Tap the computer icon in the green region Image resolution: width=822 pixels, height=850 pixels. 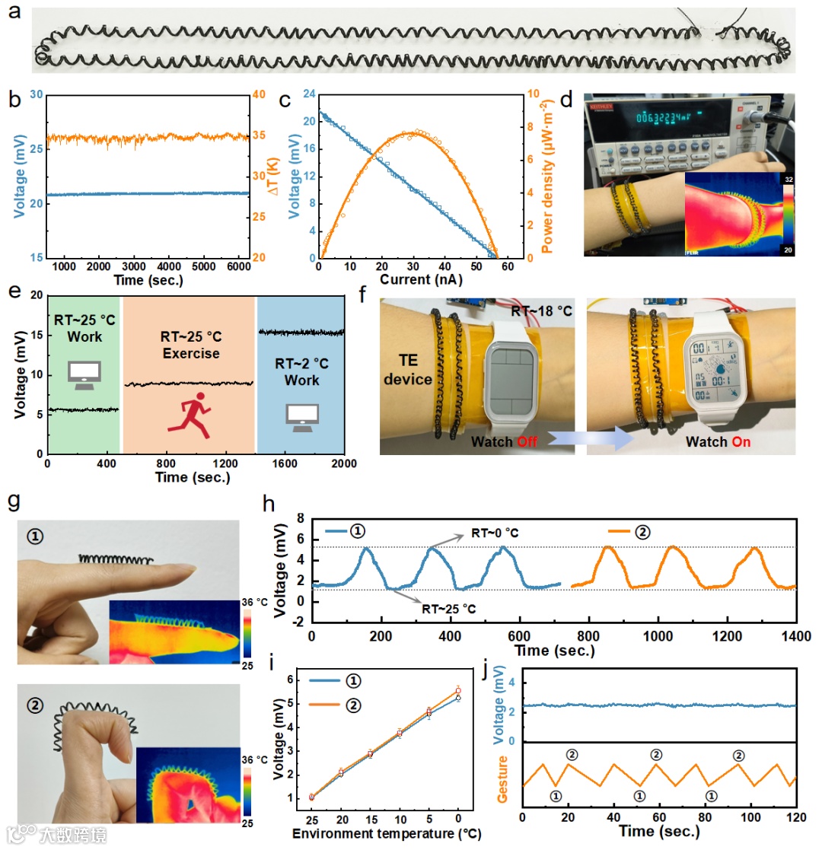coord(83,373)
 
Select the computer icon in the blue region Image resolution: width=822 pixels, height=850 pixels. coord(301,415)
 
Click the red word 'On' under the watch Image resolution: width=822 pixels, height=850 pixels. coord(734,441)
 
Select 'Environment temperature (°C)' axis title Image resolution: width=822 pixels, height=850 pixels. coord(387,834)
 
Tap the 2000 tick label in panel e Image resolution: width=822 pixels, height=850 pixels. coord(344,463)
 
